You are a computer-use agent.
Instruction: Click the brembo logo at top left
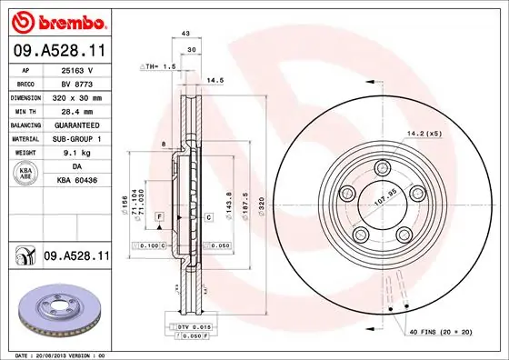click(x=59, y=19)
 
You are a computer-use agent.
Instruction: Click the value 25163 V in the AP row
click(x=76, y=69)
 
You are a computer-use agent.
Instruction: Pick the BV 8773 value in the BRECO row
click(x=76, y=82)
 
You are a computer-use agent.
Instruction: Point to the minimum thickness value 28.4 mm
click(x=76, y=109)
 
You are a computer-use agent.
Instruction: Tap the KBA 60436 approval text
click(x=78, y=182)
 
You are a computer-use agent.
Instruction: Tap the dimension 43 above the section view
click(x=185, y=35)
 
